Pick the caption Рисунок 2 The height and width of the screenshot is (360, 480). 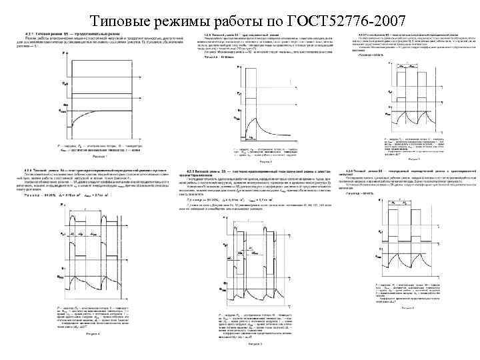coord(265,161)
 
